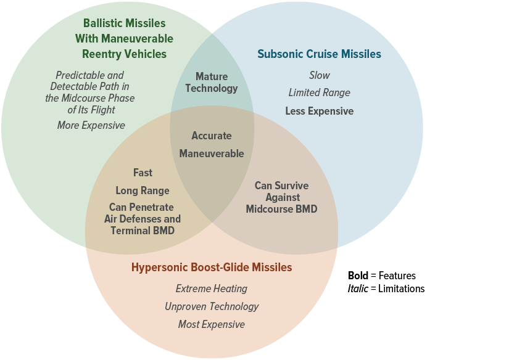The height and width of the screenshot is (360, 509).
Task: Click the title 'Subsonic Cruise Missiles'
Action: point(319,54)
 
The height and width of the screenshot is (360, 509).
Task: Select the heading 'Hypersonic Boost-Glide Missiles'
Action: point(212,268)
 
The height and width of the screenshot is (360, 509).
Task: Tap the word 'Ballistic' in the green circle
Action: point(103,23)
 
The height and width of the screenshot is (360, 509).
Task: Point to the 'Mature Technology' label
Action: point(212,83)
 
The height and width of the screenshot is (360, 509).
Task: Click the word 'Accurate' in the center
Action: point(212,136)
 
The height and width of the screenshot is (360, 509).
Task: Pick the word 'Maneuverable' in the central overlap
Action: point(212,153)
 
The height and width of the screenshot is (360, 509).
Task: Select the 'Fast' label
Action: point(143,173)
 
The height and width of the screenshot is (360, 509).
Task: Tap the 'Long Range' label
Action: point(143,190)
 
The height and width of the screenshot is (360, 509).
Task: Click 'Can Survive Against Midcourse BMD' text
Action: point(281,197)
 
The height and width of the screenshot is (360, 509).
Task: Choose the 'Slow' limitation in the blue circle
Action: point(320,75)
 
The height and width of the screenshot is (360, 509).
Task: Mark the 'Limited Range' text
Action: point(320,92)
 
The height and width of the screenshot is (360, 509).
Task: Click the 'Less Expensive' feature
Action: point(320,111)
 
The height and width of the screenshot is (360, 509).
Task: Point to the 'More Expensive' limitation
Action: point(91,125)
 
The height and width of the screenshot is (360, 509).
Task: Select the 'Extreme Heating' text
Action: point(212,288)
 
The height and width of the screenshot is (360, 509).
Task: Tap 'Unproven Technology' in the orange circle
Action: point(212,306)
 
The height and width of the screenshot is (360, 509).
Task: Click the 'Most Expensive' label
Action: point(212,324)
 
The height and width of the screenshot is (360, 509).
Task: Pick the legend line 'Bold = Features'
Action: point(382,276)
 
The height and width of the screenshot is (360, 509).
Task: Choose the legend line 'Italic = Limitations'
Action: point(386,288)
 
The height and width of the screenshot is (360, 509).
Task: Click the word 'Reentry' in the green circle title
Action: point(102,54)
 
